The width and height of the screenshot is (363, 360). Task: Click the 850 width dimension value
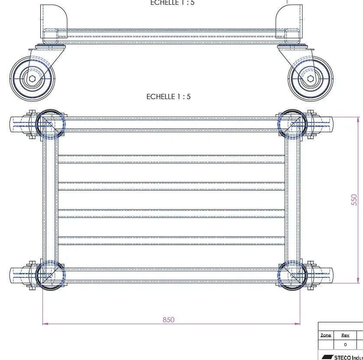click(x=169, y=320)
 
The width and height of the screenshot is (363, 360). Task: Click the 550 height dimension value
click(x=354, y=199)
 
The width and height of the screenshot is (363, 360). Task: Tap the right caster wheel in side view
click(x=311, y=78)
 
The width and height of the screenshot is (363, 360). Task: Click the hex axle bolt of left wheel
click(x=32, y=78)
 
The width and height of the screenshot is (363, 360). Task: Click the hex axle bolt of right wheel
click(x=311, y=79)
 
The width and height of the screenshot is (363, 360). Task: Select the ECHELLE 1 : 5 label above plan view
click(x=169, y=96)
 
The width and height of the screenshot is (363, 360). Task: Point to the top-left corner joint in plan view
click(x=50, y=125)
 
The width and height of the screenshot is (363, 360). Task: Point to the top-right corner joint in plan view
click(x=292, y=125)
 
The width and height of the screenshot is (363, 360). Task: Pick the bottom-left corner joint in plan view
click(x=50, y=274)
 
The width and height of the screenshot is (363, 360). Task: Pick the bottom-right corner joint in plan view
click(x=292, y=274)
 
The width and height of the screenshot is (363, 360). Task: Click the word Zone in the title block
click(x=326, y=335)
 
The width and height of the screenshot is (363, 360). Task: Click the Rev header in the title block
click(x=345, y=335)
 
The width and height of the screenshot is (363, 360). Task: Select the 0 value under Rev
click(x=345, y=345)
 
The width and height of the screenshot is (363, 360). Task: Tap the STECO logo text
click(x=347, y=357)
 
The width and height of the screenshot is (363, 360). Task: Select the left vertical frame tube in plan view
click(x=50, y=199)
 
